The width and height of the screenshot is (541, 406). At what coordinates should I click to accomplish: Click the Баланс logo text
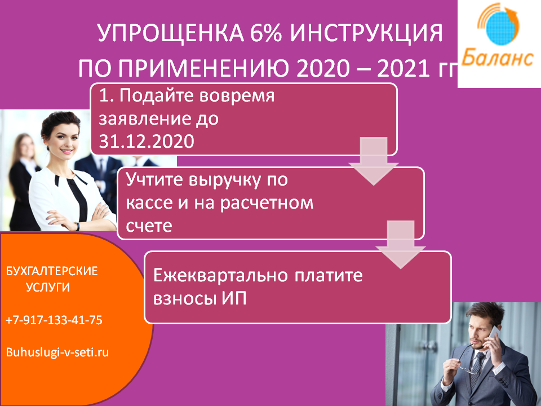coord(497,59)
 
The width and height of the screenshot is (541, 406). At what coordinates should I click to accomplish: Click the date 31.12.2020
coord(147,141)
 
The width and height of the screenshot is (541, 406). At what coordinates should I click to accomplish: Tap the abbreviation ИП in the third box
coord(231,298)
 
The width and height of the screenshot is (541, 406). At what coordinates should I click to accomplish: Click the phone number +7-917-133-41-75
coord(54,320)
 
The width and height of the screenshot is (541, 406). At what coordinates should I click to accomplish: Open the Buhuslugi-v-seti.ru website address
coord(57,352)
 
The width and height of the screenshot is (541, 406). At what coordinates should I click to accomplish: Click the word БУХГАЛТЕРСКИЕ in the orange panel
coord(52,271)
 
